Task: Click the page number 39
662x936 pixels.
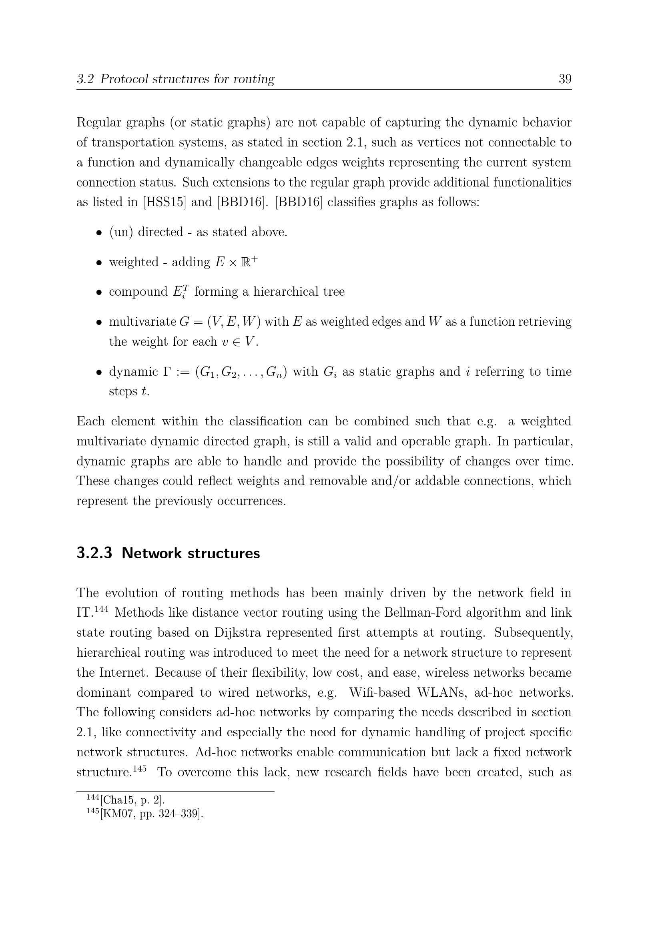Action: pos(565,79)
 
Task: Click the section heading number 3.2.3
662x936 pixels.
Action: pos(94,553)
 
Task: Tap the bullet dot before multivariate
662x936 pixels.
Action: pos(98,323)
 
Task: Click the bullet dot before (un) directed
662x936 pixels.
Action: pos(98,233)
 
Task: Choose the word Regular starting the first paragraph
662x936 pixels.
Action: pos(98,122)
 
